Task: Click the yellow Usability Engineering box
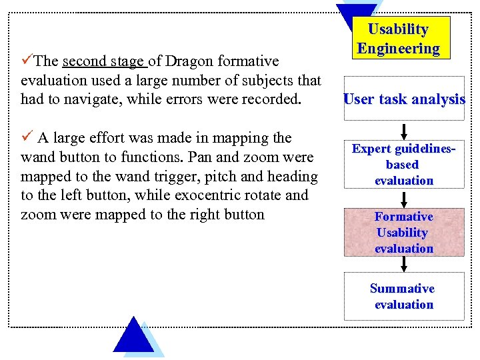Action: coord(399,38)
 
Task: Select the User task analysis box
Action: coord(404,99)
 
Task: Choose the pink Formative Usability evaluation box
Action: coord(404,233)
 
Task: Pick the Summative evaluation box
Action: coord(404,297)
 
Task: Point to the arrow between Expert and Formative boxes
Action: coord(404,198)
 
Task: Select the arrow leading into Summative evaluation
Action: coord(404,264)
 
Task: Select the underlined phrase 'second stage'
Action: coord(103,62)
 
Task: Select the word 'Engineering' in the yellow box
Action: coord(399,48)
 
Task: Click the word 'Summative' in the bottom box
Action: coord(403,289)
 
